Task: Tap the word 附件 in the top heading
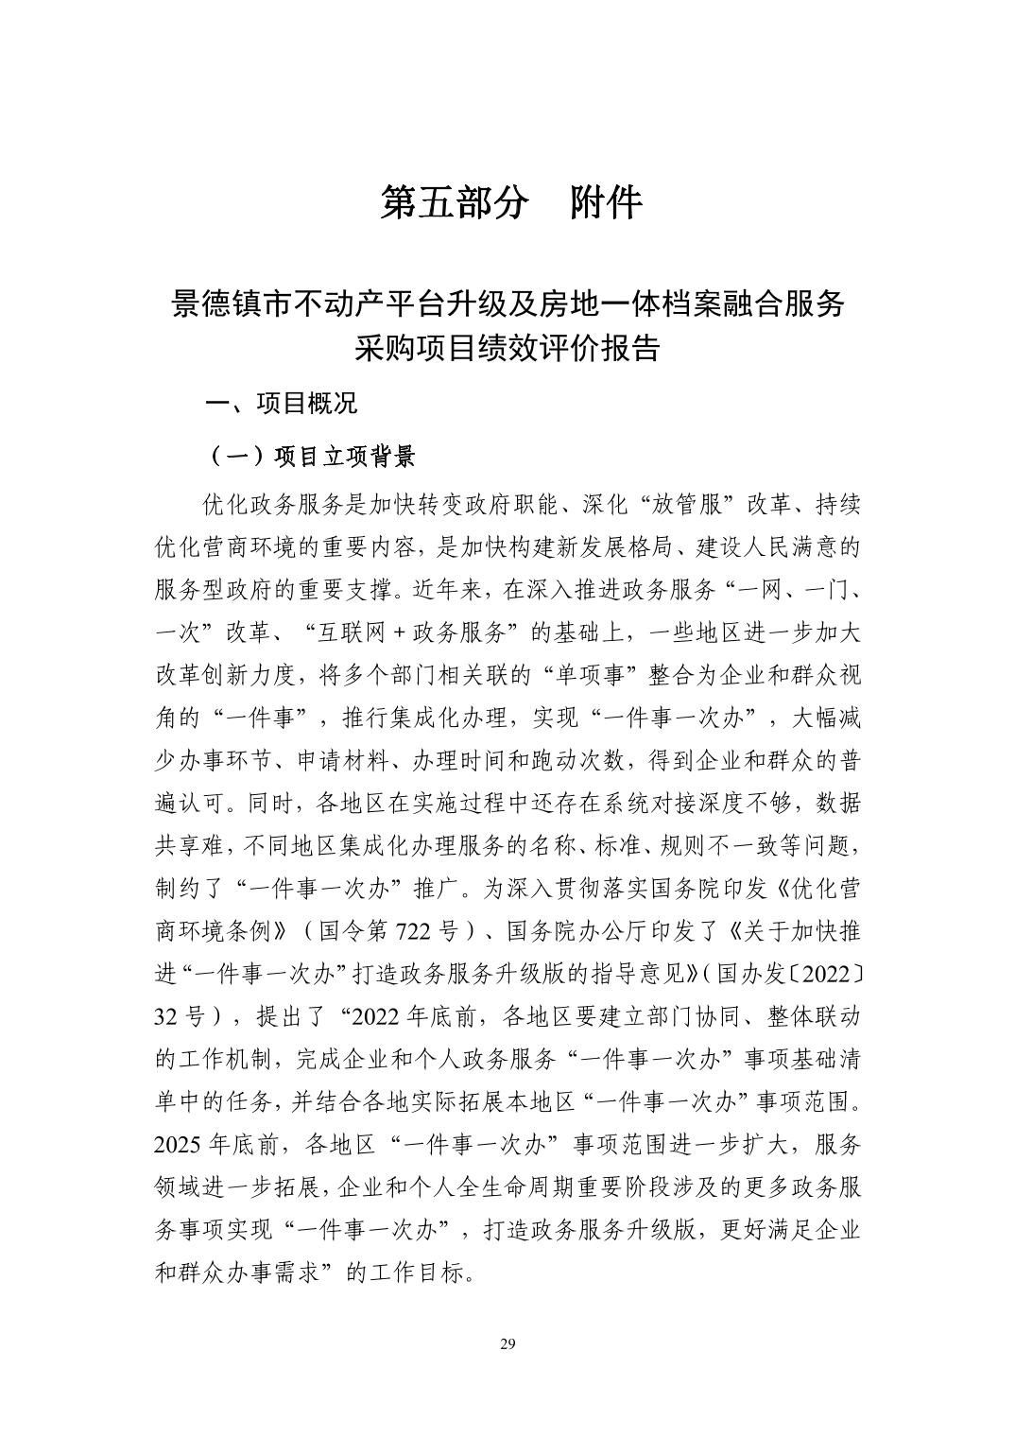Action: coord(607,203)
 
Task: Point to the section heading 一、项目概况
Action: coord(282,405)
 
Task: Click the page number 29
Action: coord(507,1344)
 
